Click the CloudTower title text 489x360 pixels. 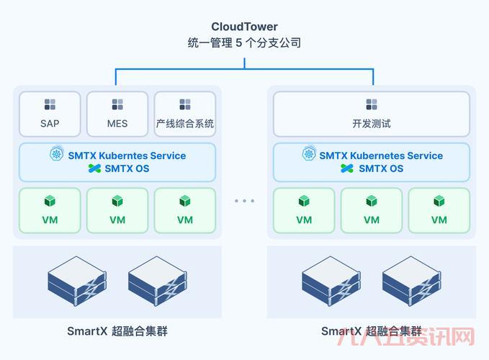[244, 27]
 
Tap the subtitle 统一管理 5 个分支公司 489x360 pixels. [244, 43]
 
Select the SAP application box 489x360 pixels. [50, 114]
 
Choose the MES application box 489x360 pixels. [117, 114]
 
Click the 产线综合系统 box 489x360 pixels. [185, 114]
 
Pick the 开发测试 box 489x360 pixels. [371, 114]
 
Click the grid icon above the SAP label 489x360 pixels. [50, 104]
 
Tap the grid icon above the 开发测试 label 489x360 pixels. [372, 104]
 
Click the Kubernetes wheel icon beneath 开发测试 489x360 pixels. [310, 155]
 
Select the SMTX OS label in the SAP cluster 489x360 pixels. [128, 168]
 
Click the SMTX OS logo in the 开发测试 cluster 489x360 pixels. [348, 168]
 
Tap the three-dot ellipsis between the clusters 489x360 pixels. [244, 201]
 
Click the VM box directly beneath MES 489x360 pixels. [117, 210]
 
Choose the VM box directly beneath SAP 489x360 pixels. [50, 210]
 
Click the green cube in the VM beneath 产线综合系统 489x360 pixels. [185, 201]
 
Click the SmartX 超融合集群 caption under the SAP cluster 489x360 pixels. [117, 331]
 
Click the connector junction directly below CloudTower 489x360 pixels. [244, 68]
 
